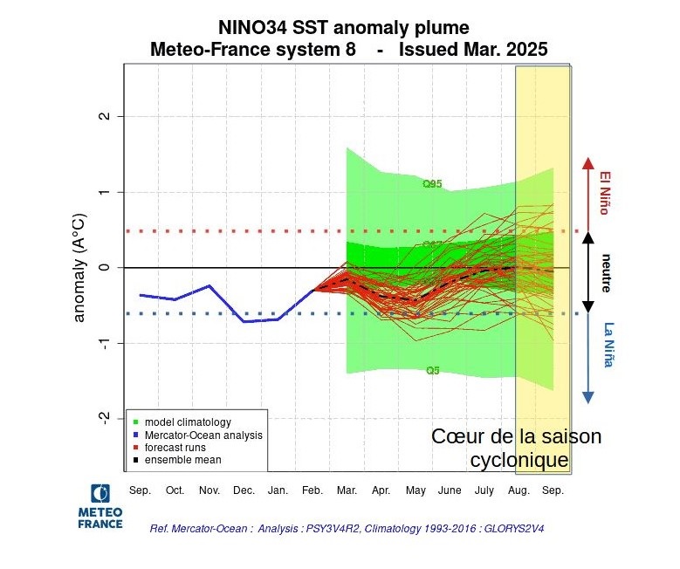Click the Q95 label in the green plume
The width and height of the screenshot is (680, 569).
point(432,184)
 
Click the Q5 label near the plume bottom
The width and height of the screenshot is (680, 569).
point(432,371)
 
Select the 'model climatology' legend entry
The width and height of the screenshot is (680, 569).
point(182,422)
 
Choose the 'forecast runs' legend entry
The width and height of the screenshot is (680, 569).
point(175,447)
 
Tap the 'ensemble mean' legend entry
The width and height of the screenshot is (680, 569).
point(182,459)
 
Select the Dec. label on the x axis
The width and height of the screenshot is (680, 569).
point(244,490)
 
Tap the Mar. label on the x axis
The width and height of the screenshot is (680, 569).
point(347,490)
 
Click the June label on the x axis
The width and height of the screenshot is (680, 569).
point(450,490)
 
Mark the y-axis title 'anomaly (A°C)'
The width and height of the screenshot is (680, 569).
point(80,267)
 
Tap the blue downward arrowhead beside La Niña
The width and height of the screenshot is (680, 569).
point(588,396)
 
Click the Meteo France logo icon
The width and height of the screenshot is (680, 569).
point(100,492)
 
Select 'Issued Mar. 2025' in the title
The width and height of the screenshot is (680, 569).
point(473,50)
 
